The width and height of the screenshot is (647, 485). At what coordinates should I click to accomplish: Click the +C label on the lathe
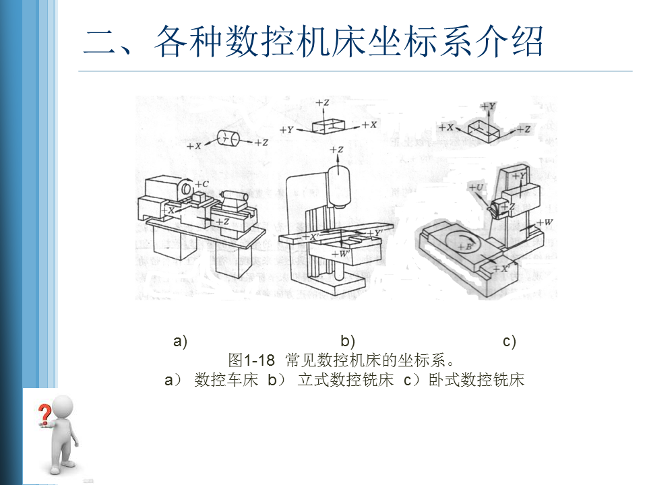[x=199, y=184]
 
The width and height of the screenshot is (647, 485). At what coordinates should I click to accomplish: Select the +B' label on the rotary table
[x=464, y=247]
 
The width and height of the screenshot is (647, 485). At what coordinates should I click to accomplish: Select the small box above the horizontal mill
[x=485, y=129]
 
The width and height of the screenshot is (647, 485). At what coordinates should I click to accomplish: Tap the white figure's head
[x=63, y=407]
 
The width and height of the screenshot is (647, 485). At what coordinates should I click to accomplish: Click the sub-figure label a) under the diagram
[x=180, y=341]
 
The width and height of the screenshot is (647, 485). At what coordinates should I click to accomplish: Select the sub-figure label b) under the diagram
[x=348, y=341]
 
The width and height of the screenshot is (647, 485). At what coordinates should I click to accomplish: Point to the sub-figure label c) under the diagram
[x=510, y=341]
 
